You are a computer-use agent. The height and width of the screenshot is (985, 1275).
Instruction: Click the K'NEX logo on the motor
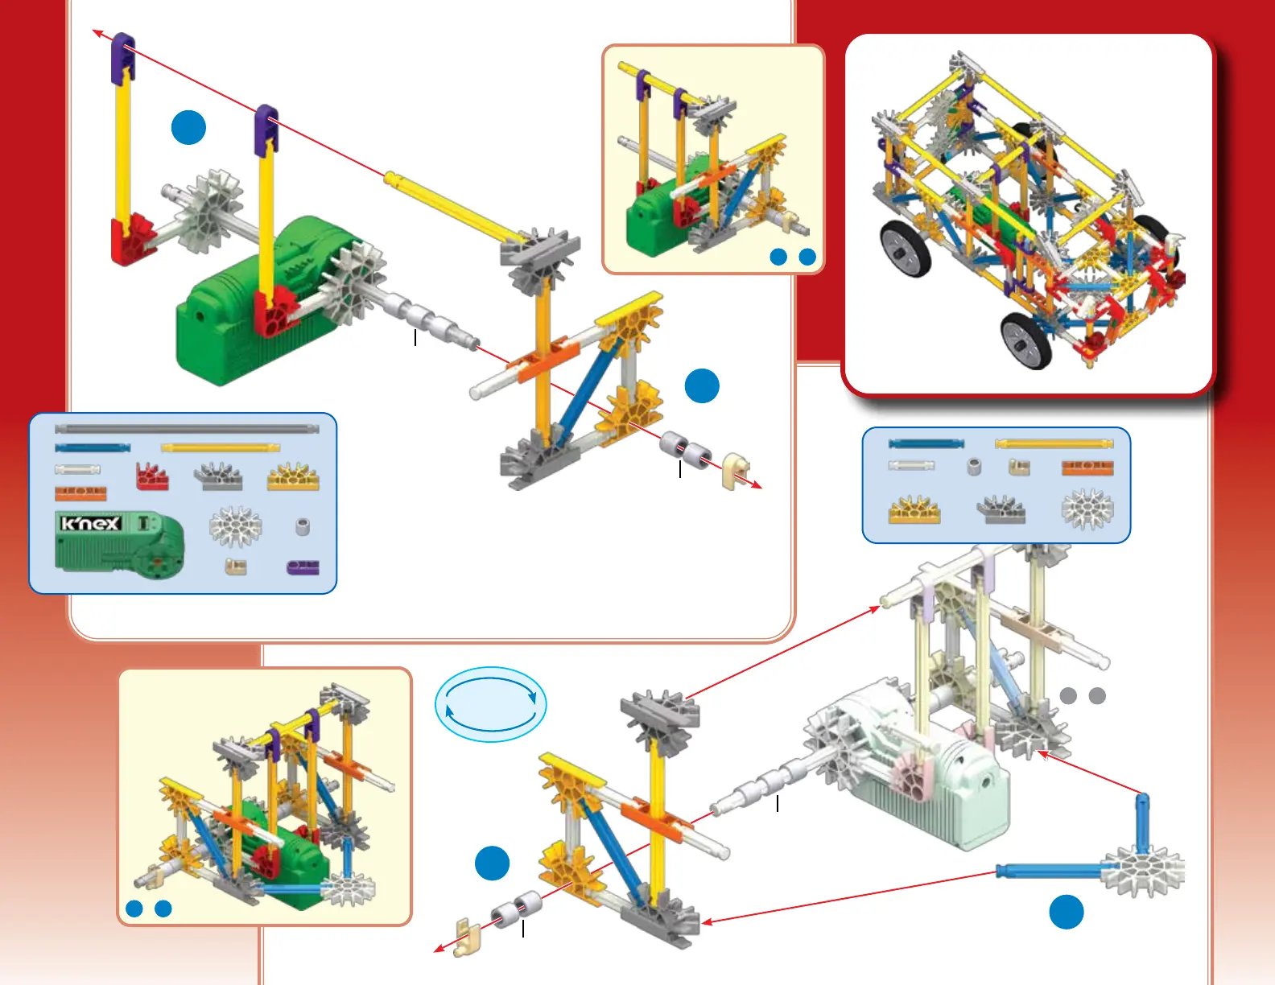91,524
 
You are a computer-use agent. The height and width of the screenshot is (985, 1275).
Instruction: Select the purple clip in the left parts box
303,567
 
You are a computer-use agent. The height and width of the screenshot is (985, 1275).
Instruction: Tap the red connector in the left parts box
152,476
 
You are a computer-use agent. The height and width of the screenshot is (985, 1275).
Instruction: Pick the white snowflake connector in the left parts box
236,527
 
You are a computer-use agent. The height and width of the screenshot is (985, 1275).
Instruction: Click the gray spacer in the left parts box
303,527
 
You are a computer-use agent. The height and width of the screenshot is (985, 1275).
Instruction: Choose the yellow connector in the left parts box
293,478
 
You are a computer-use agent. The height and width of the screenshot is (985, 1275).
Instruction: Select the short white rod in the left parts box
77,469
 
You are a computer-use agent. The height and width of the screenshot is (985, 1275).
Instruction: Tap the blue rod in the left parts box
93,447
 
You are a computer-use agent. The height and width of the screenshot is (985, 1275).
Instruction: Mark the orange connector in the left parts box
80,492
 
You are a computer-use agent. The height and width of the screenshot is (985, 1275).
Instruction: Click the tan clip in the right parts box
1019,467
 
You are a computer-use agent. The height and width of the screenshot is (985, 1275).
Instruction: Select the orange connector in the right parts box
1087,468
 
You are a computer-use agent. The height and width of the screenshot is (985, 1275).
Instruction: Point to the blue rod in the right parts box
926,443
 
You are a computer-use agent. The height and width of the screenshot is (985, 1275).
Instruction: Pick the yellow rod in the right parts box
1054,443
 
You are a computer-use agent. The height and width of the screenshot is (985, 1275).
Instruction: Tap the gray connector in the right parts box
1001,509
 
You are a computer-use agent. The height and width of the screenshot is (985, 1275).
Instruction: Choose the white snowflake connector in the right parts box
1087,509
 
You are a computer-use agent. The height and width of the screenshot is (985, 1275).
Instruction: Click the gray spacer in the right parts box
974,467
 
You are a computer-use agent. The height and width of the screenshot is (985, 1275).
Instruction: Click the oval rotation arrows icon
491,704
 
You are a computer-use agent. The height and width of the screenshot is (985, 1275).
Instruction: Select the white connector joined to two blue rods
1144,871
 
